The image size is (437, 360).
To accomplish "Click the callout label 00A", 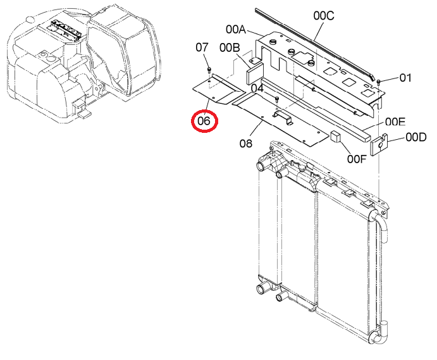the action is point(235,29).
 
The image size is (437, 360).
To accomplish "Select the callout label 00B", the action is point(230,48).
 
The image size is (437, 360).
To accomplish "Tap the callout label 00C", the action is point(324,16).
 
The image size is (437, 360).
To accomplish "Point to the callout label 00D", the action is point(416,137).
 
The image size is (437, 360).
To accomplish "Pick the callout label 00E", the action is point(395,122).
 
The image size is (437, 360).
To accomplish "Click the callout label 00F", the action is point(357,159).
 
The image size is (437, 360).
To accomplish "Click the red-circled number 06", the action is point(204,121).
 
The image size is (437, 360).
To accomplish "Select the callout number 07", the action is point(202,47).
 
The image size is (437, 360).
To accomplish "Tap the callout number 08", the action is point(246,144).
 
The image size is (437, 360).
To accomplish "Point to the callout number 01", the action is point(405,78).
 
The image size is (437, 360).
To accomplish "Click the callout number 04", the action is point(257,89).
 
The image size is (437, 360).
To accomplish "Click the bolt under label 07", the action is point(209,70).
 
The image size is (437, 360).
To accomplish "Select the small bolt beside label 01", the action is point(378,82).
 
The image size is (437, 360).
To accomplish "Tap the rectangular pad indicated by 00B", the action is point(254,73).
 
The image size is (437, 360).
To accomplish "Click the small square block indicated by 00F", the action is point(336,137).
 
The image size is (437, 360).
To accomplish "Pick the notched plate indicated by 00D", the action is point(379,144).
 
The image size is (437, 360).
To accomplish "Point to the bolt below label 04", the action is point(277,99).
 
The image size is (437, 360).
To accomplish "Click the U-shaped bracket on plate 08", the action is point(283,117).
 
